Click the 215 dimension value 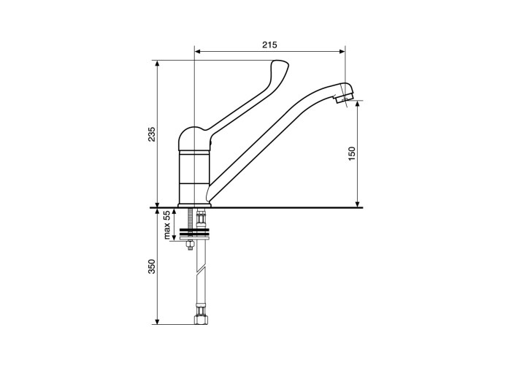[269, 45]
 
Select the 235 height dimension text [152, 134]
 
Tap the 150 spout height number [352, 154]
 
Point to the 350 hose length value [152, 266]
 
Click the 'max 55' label [167, 225]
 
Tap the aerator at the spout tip [344, 97]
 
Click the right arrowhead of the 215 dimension [342, 51]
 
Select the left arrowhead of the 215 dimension [197, 51]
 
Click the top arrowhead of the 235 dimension [158, 64]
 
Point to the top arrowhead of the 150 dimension [358, 104]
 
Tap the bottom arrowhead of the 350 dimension [158, 321]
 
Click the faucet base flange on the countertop [195, 205]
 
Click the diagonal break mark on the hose [201, 271]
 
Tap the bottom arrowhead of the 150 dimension [358, 204]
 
